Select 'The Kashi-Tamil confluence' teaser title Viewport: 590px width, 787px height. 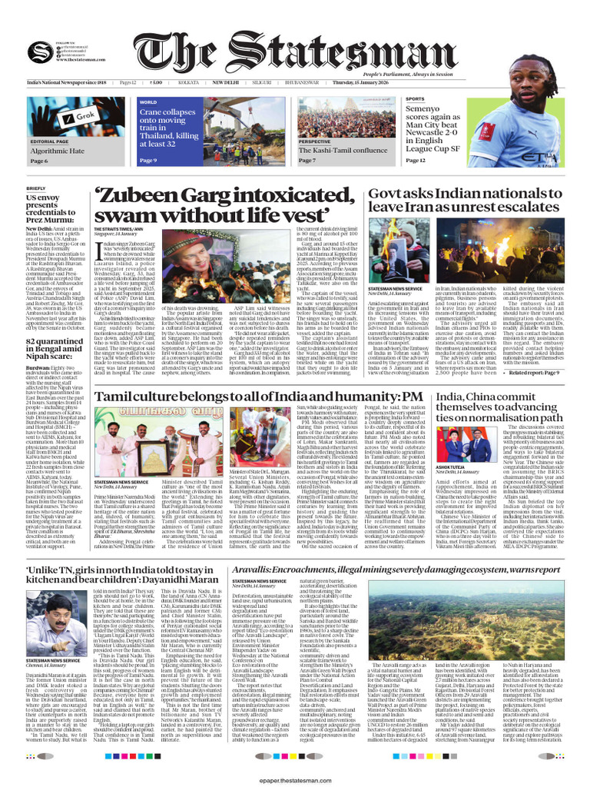tap(343, 151)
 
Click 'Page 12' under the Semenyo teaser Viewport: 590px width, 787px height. tap(416, 161)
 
